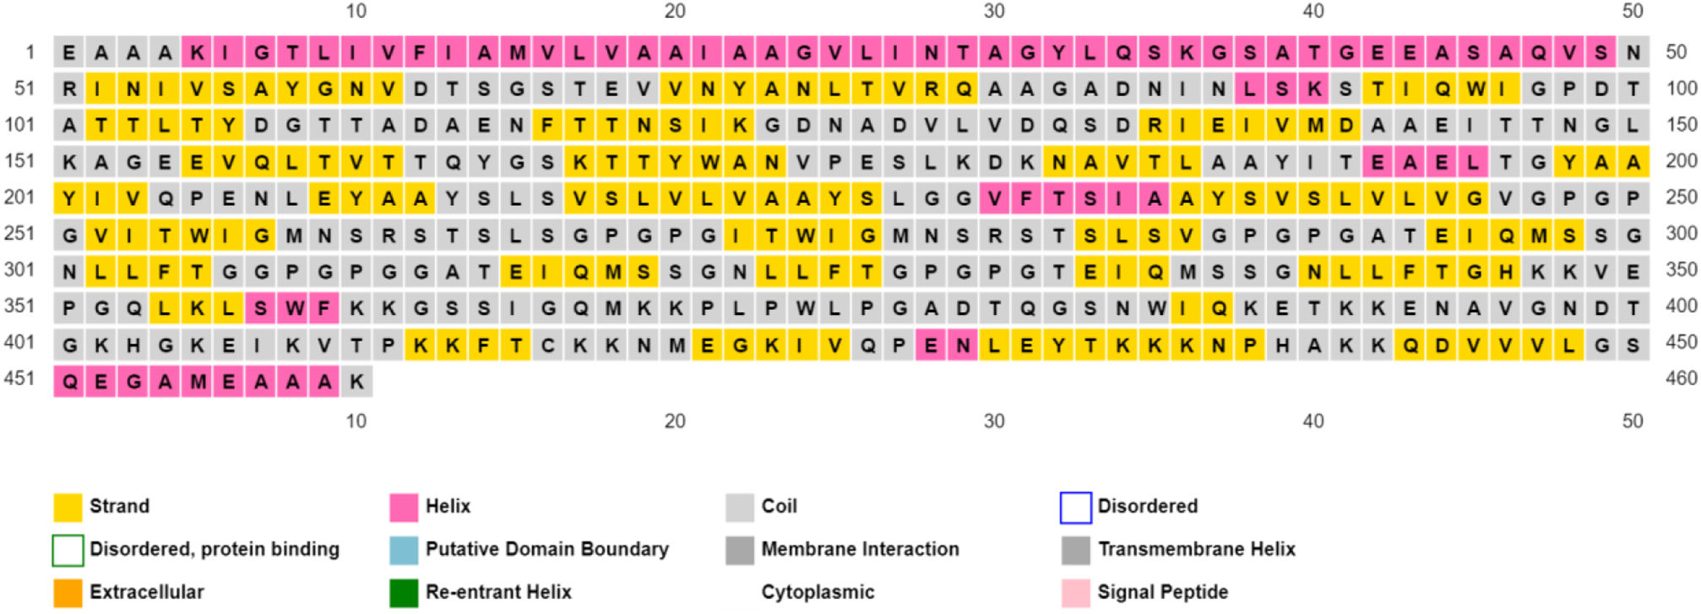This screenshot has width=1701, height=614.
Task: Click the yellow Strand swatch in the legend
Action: (x=68, y=507)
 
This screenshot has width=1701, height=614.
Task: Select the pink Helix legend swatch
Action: (x=404, y=507)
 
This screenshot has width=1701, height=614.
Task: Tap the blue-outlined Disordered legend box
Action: (x=1075, y=507)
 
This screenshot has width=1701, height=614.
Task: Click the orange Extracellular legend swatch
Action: (x=68, y=592)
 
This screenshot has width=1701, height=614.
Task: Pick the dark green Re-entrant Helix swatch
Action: (x=404, y=592)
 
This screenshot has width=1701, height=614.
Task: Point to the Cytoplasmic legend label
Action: (x=818, y=592)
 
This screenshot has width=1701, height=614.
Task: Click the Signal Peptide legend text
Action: (x=1162, y=592)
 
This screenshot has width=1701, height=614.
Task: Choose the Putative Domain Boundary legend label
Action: (x=546, y=549)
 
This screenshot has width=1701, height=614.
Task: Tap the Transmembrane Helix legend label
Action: (x=1196, y=549)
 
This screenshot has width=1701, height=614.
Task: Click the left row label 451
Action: (x=19, y=378)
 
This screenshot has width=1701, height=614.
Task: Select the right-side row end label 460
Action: (x=1681, y=378)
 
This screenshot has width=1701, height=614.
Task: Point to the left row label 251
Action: (x=19, y=233)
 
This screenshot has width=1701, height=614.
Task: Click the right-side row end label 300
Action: (x=1681, y=233)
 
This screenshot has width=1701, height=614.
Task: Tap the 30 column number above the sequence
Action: (x=994, y=11)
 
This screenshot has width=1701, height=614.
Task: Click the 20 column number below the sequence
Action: (x=675, y=421)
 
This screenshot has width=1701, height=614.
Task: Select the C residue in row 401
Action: (x=547, y=345)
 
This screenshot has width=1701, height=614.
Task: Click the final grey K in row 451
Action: (x=356, y=382)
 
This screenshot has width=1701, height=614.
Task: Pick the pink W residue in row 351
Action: (x=292, y=309)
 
